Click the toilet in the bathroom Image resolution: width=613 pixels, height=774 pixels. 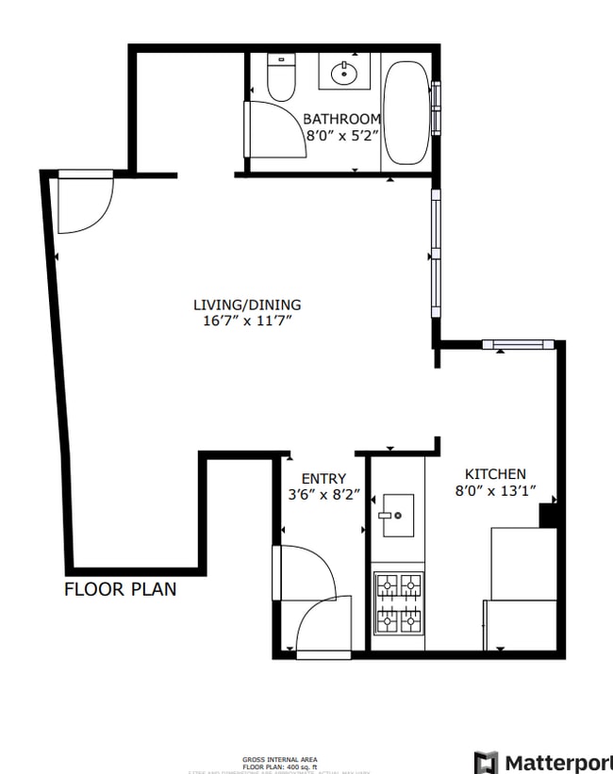click(280, 78)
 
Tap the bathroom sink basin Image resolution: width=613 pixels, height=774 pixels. click(343, 72)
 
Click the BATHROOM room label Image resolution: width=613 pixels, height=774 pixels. click(342, 119)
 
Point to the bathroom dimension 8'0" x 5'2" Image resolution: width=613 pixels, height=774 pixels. click(342, 135)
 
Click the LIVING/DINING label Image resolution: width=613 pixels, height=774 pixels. click(247, 305)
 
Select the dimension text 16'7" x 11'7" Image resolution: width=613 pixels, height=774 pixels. click(247, 321)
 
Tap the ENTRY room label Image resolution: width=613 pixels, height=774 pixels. click(323, 478)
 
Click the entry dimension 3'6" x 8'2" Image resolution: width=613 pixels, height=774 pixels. click(323, 494)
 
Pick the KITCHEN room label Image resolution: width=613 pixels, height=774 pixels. click(495, 473)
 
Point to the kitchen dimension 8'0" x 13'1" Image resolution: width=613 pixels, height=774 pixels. click(495, 489)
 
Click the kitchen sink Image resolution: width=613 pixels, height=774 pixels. click(397, 515)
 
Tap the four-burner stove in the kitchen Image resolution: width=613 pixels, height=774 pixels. click(398, 603)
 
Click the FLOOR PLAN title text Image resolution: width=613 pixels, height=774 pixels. click(120, 589)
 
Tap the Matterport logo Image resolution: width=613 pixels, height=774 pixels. click(541, 761)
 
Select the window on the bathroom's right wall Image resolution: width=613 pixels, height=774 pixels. click(436, 108)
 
